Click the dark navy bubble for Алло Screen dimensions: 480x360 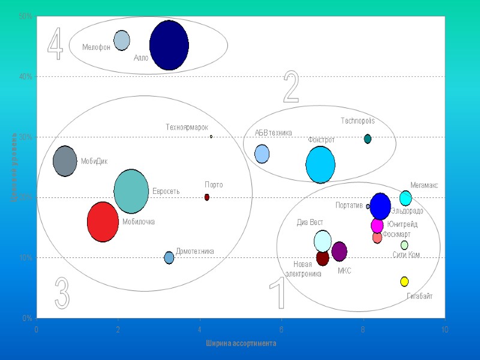click(x=169, y=45)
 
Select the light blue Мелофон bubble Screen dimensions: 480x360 click(x=122, y=40)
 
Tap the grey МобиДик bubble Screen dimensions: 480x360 click(x=65, y=161)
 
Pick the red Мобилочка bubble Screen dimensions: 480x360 click(x=103, y=222)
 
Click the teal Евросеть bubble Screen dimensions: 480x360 click(x=131, y=191)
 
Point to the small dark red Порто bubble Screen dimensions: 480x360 click(x=207, y=197)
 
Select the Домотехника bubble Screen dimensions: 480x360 click(x=169, y=257)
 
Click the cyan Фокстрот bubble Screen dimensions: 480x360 click(x=320, y=165)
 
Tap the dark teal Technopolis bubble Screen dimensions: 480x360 click(x=368, y=139)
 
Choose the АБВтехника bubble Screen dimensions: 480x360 click(x=262, y=154)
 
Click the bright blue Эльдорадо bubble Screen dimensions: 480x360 click(x=380, y=206)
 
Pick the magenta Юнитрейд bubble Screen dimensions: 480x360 click(x=377, y=226)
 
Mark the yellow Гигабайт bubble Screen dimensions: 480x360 click(x=404, y=281)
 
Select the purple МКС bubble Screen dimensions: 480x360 click(x=340, y=251)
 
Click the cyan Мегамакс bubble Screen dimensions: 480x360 click(x=406, y=197)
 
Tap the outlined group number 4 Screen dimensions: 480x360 click(x=55, y=44)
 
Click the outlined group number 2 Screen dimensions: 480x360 click(x=291, y=88)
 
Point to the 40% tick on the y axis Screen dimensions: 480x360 click(x=26, y=77)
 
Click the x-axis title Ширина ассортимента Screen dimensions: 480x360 click(x=241, y=344)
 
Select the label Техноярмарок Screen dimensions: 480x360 click(x=187, y=127)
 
